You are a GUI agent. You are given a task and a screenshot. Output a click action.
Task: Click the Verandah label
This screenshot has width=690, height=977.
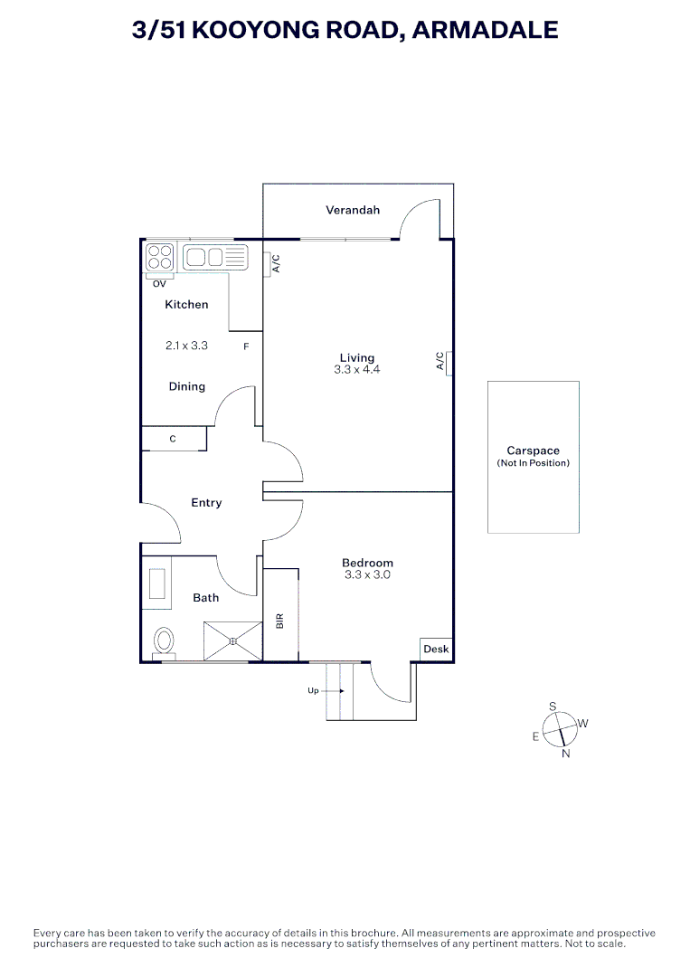[353, 210]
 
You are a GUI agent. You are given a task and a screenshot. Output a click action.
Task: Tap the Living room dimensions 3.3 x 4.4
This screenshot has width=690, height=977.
[357, 369]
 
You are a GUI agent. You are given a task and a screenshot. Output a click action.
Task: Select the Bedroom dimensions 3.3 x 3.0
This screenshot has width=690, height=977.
[367, 574]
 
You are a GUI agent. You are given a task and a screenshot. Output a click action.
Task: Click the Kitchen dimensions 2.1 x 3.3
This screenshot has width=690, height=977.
[186, 346]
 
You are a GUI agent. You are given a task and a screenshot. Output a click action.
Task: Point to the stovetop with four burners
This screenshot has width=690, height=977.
[160, 257]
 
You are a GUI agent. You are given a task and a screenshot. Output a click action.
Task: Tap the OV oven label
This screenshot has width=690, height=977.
[159, 283]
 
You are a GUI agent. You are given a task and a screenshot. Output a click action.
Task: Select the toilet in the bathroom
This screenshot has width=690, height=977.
[164, 640]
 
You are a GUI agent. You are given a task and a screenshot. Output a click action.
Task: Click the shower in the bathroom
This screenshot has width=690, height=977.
[232, 641]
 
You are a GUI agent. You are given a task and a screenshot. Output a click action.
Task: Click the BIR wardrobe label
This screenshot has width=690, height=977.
[280, 621]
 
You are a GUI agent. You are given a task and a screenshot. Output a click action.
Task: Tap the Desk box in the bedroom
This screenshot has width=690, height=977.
[436, 650]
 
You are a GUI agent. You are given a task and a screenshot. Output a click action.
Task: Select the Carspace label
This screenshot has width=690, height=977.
[533, 451]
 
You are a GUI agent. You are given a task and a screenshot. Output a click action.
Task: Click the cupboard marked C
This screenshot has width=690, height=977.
[174, 439]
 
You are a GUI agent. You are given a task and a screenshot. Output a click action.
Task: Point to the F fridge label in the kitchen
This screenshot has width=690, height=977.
[246, 346]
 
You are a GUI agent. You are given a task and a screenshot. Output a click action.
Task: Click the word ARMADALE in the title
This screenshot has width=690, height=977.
[485, 30]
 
